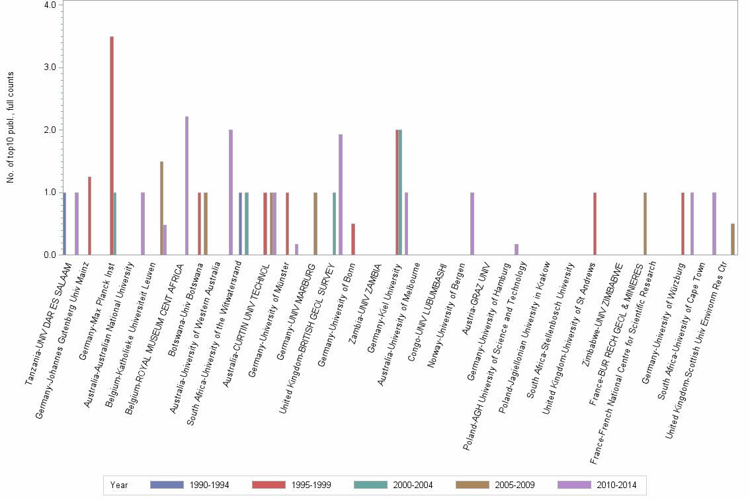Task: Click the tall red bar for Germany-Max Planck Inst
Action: click(x=112, y=146)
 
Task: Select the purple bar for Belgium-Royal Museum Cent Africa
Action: click(x=187, y=186)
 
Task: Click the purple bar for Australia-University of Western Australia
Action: click(x=231, y=192)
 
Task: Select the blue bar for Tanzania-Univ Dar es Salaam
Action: click(x=64, y=224)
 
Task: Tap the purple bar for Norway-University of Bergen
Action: click(x=472, y=224)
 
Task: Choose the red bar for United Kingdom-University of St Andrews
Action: click(x=595, y=224)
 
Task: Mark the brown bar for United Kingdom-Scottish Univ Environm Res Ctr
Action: click(x=732, y=239)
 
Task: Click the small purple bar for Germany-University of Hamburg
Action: click(x=517, y=249)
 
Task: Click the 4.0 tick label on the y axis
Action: click(x=50, y=5)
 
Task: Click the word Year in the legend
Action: click(x=119, y=485)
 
